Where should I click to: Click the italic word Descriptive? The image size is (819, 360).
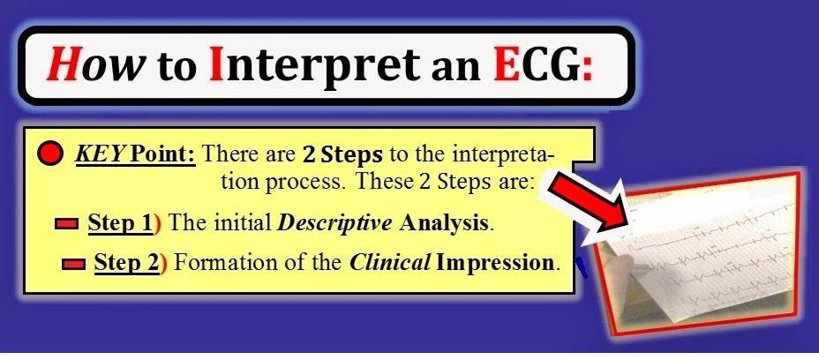[334, 224]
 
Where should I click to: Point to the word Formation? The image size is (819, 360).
[212, 263]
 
